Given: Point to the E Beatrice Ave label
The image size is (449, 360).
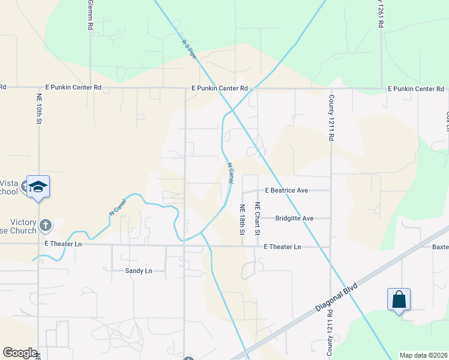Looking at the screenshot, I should (x=286, y=190).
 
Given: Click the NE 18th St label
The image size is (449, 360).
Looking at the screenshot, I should (x=242, y=218).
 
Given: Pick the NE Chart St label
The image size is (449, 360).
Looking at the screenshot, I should (x=257, y=218).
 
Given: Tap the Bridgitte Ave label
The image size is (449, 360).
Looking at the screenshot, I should (x=295, y=218).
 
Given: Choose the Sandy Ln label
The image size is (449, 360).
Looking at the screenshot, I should (x=139, y=271).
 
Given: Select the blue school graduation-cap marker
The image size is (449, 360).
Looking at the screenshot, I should (x=38, y=187).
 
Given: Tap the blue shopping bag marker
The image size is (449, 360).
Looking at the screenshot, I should (x=399, y=299).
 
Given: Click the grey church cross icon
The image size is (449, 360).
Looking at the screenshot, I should (x=45, y=226).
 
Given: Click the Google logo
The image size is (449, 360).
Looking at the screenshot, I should (x=20, y=353).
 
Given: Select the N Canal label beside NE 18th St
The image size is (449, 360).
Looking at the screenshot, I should (x=231, y=173).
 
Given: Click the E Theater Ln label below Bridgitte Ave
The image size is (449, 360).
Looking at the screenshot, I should (x=283, y=247).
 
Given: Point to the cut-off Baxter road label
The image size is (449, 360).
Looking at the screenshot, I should (x=441, y=247).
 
